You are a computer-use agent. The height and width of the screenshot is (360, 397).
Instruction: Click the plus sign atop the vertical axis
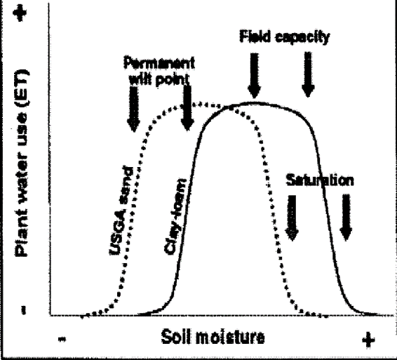20,13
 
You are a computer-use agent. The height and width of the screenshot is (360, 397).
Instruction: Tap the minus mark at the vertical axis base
24,310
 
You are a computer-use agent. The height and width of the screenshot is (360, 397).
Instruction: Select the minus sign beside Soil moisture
62,339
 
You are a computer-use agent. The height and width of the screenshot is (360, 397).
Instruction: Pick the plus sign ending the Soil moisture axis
368,340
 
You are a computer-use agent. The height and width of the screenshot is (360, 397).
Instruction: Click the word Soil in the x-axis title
177,337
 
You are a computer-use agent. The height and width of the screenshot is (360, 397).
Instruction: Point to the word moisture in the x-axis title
230,338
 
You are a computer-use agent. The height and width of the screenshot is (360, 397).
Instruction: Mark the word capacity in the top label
302,37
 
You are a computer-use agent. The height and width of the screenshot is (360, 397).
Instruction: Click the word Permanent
159,63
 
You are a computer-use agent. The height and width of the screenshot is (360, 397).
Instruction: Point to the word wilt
140,80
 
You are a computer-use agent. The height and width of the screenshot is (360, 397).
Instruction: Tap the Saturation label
320,180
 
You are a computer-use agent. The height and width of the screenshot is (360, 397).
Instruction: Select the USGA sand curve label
121,211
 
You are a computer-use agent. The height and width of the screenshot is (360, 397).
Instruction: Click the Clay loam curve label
175,216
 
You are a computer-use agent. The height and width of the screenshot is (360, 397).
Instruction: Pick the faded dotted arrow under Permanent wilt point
133,109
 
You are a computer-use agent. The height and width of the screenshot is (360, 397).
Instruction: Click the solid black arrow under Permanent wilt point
187,108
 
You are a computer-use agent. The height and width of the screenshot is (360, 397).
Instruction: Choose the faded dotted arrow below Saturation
292,218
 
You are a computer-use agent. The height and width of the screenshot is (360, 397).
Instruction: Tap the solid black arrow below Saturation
346,218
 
